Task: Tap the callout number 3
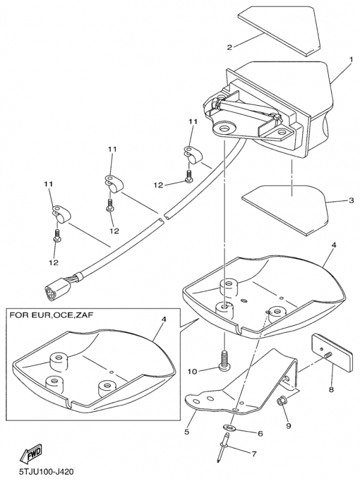(x=351, y=200)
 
